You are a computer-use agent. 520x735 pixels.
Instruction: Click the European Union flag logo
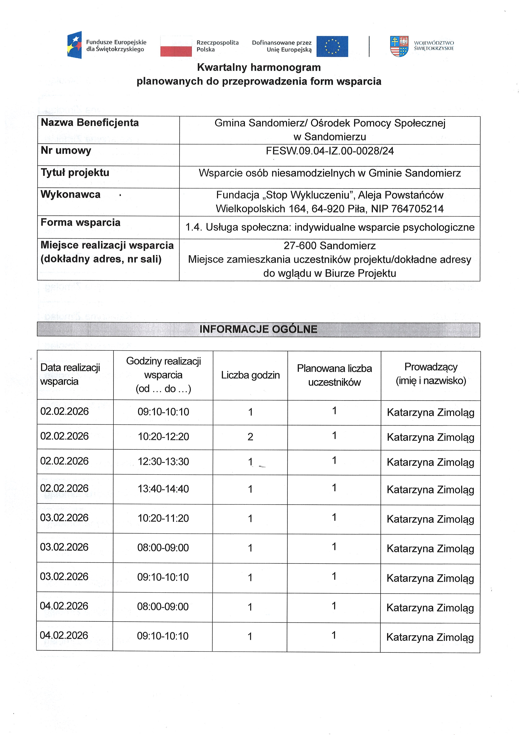pyautogui.click(x=332, y=46)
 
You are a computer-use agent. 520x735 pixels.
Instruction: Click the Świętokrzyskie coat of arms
pyautogui.click(x=399, y=46)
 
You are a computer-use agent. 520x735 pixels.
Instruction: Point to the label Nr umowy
pyautogui.click(x=66, y=150)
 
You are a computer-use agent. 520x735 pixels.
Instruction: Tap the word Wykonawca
pyautogui.click(x=70, y=194)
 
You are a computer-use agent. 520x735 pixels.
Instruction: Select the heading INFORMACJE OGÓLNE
pyautogui.click(x=258, y=329)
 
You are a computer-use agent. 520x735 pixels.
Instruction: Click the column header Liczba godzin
pyautogui.click(x=250, y=375)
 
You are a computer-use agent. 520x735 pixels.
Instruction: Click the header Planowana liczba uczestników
pyautogui.click(x=334, y=375)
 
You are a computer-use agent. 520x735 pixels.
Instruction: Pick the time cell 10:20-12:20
pyautogui.click(x=163, y=437)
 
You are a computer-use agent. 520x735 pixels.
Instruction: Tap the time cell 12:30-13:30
pyautogui.click(x=163, y=461)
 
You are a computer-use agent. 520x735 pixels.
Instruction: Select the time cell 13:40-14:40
pyautogui.click(x=163, y=489)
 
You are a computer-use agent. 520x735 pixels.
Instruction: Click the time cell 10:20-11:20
pyautogui.click(x=163, y=518)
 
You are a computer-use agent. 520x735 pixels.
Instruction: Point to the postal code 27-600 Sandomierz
pyautogui.click(x=329, y=246)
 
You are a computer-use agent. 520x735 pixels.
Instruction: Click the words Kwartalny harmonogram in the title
pyautogui.click(x=259, y=67)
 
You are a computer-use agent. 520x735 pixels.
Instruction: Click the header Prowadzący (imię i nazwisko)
pyautogui.click(x=431, y=374)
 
